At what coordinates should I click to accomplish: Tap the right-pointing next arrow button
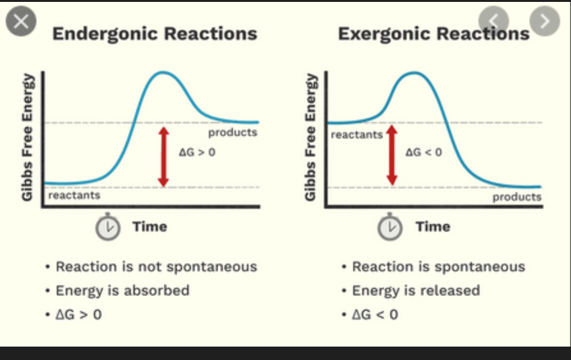pos(544,21)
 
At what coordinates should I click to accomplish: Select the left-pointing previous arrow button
pos(494,21)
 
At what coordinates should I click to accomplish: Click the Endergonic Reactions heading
pos(155,34)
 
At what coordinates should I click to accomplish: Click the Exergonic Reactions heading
pos(433,34)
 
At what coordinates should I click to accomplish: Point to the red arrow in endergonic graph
pos(164,156)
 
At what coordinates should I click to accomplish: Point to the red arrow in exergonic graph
pos(392,155)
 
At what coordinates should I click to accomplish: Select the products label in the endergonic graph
pos(232,132)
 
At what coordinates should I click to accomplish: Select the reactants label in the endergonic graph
pos(74,195)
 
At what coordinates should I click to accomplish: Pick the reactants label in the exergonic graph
pos(356,135)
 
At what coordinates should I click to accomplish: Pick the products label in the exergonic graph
pos(517,197)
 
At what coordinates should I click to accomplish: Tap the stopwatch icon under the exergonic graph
pos(390,227)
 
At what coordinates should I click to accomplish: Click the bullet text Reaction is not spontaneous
pos(156,266)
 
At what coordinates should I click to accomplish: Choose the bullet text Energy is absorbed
pos(123,290)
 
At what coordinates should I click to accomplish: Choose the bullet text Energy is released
pos(416,290)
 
